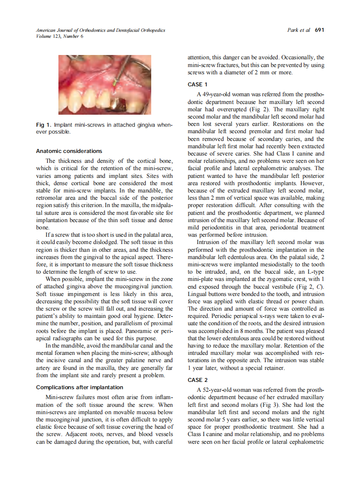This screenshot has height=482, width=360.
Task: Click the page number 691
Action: (319, 30)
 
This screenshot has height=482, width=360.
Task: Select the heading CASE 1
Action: (198, 84)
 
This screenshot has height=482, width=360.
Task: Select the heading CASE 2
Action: (198, 380)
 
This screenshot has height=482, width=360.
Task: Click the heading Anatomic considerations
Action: (69, 151)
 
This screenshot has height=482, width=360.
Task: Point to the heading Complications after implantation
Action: (80, 387)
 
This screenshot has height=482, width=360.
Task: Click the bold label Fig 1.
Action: (44, 125)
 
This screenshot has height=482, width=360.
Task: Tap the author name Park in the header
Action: (293, 30)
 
